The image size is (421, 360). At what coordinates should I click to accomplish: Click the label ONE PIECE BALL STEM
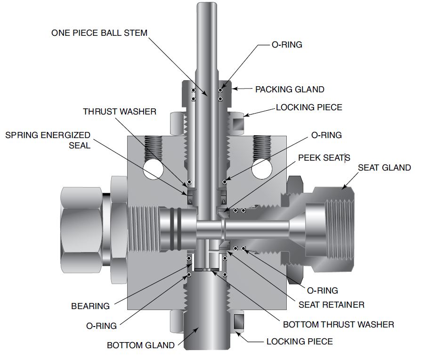pyautogui.click(x=99, y=33)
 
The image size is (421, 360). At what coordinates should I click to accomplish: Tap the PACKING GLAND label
pyautogui.click(x=290, y=89)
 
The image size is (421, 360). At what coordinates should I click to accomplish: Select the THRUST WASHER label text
pyautogui.click(x=120, y=112)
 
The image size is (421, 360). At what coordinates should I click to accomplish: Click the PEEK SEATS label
pyautogui.click(x=324, y=157)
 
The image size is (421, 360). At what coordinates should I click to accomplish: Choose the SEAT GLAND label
pyautogui.click(x=384, y=167)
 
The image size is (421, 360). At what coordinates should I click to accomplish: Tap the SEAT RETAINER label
pyautogui.click(x=332, y=304)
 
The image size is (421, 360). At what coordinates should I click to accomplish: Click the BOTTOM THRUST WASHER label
pyautogui.click(x=338, y=324)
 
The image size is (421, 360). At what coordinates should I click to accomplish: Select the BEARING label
pyautogui.click(x=90, y=306)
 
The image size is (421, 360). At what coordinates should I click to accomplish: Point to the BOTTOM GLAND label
pyautogui.click(x=140, y=345)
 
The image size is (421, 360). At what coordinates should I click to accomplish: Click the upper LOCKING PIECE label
pyautogui.click(x=309, y=107)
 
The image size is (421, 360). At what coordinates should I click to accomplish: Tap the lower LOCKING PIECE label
pyautogui.click(x=300, y=341)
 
